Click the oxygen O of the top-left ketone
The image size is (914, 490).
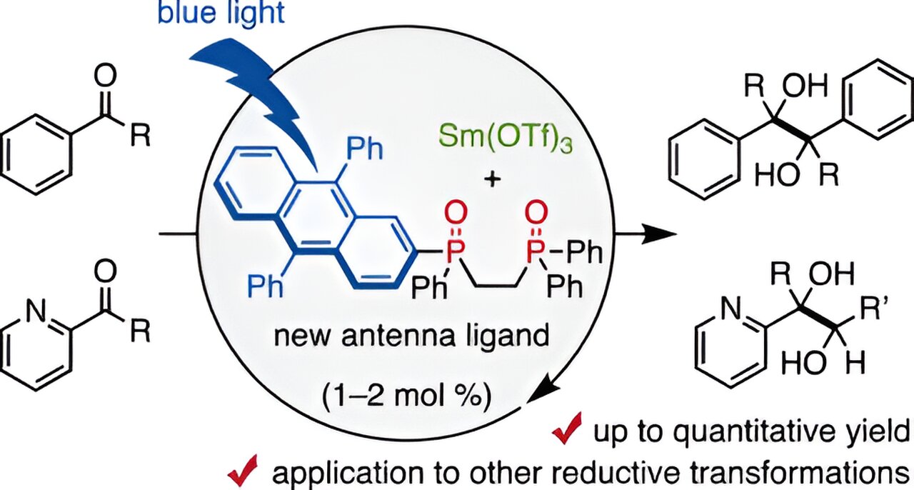coord(105,75)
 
